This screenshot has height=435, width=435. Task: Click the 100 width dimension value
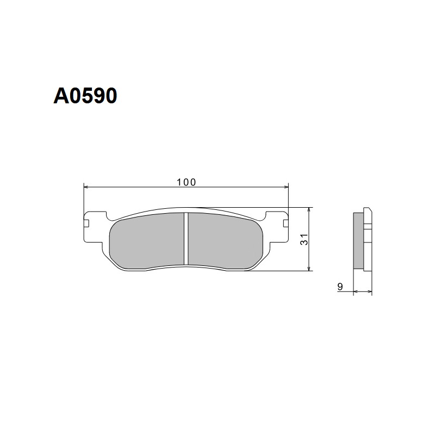(x=186, y=182)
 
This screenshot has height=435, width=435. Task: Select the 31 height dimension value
(x=304, y=239)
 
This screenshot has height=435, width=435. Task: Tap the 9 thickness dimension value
(x=340, y=285)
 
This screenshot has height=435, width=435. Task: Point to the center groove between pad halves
(x=186, y=239)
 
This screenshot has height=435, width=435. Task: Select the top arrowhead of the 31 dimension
(x=309, y=209)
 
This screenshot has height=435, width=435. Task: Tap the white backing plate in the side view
(x=367, y=239)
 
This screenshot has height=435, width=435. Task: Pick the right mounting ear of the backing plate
(x=278, y=223)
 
